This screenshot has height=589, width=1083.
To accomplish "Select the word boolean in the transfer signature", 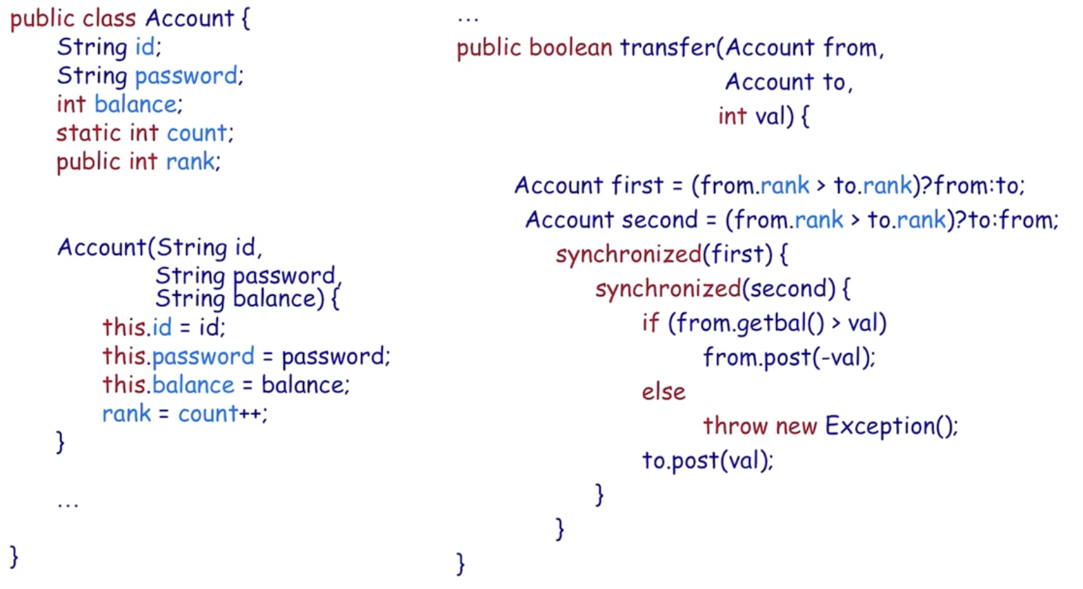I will pos(570,48).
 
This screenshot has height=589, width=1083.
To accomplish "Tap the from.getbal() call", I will pos(750,323).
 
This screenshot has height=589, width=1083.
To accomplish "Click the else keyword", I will pos(663,392).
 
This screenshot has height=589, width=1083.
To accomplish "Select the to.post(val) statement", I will pos(708,460).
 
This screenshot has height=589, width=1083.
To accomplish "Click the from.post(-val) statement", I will pos(788,358).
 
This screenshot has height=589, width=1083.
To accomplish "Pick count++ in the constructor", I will pos(221,414).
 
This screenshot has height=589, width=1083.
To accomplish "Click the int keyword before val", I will pos(732,116).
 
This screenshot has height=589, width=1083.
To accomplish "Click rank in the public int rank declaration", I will pos(190,161).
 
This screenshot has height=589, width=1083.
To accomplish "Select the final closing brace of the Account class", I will pos(14,556).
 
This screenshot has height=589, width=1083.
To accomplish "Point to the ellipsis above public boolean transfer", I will pos(468,19).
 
